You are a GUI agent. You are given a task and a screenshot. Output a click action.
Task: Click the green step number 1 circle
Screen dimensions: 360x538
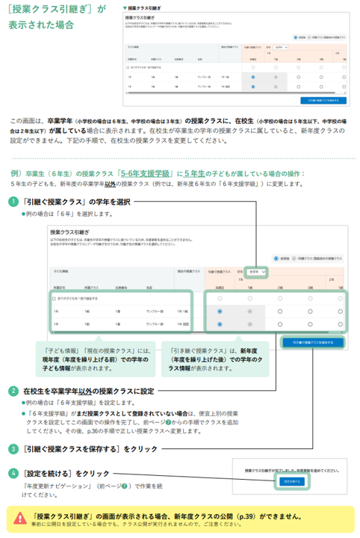(x=15, y=202)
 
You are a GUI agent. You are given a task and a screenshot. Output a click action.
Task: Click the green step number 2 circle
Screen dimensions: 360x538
(x=15, y=391)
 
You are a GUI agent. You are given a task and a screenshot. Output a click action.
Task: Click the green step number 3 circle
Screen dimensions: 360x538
(x=15, y=449)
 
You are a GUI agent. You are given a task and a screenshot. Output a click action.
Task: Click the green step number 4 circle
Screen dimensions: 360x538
(x=15, y=473)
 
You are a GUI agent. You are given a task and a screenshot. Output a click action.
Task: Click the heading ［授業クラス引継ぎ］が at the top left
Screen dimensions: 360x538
(x=54, y=9)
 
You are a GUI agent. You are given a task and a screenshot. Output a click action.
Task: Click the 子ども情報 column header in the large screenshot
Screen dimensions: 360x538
(x=60, y=273)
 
